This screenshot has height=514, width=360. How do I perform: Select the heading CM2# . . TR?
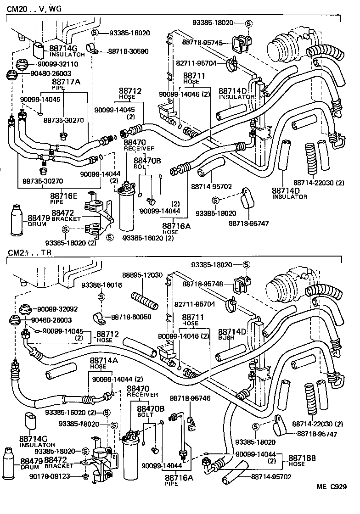[x=30, y=253]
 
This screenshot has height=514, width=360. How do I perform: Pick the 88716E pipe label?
[x=62, y=197]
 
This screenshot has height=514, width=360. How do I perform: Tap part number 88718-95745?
[x=202, y=43]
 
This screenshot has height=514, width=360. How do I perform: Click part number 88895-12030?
[x=142, y=275]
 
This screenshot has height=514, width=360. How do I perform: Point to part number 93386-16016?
[x=101, y=285]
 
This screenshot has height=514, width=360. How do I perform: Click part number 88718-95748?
[x=202, y=284]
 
